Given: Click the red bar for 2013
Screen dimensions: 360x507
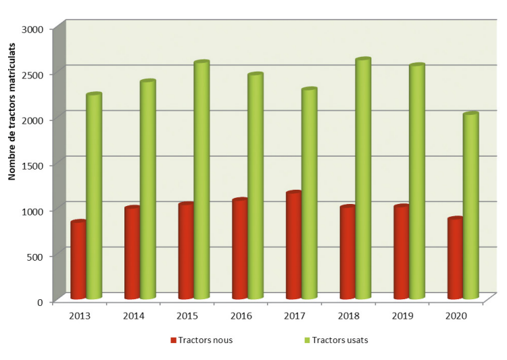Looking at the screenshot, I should point(78,260).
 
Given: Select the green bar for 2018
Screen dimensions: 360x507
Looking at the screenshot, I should point(363,179).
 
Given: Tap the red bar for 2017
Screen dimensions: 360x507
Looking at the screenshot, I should point(293,246).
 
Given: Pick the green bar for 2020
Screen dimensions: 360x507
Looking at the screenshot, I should point(470,206).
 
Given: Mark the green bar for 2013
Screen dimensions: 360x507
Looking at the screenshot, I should point(94,196).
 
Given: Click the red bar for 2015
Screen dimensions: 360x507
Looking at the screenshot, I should point(186,251).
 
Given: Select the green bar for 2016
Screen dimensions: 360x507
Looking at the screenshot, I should point(255,186).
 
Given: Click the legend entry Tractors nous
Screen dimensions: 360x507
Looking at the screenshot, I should point(206,340).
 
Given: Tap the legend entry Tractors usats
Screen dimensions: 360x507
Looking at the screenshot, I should point(344,340).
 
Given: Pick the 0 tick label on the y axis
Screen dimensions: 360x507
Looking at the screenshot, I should point(40,301).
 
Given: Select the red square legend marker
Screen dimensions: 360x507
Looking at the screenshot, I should point(173,340).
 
